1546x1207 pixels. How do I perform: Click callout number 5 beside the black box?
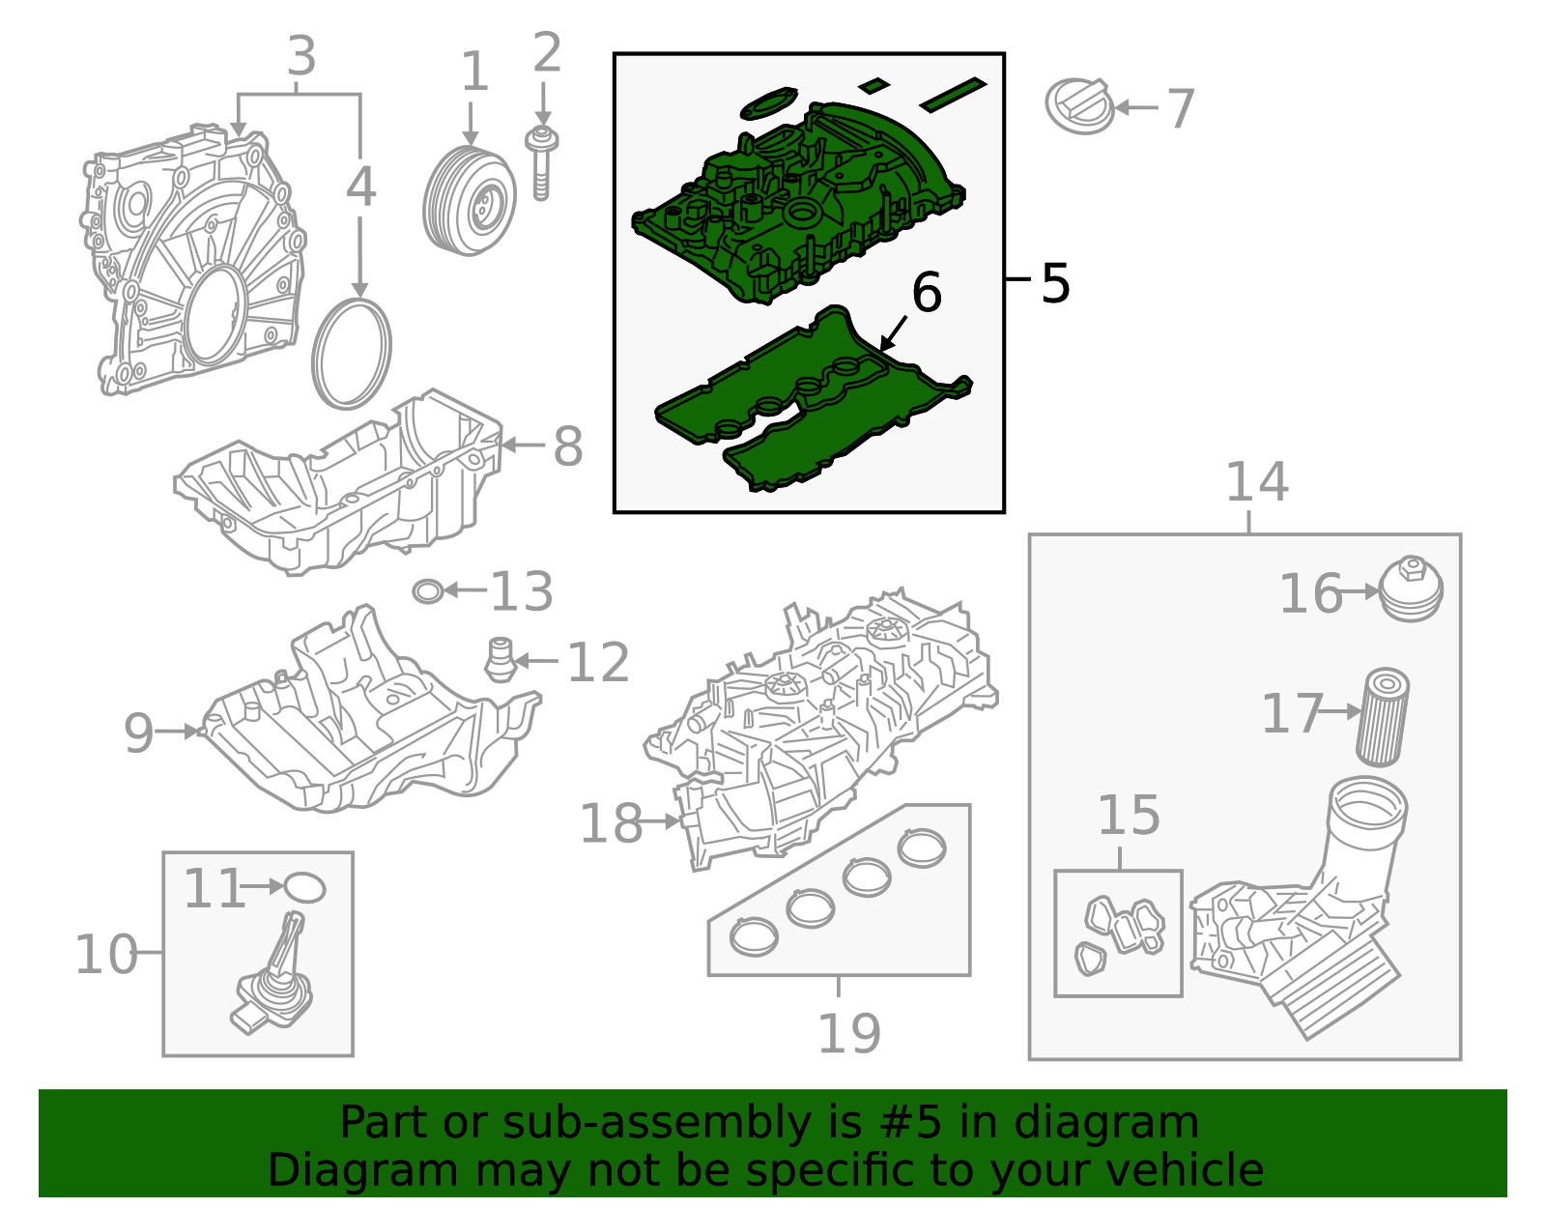tap(1056, 283)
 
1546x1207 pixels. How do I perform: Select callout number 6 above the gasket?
tap(927, 293)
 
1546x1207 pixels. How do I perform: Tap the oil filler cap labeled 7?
tap(1080, 105)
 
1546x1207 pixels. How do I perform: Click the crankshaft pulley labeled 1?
tap(469, 201)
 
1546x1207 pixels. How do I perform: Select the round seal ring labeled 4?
tap(352, 354)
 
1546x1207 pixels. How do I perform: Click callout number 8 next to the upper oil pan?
tap(567, 446)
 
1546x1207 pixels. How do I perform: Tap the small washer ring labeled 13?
tap(427, 591)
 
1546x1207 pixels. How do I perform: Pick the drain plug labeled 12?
tap(500, 660)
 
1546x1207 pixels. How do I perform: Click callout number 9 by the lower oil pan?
tap(138, 733)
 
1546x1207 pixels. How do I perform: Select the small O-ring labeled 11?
tap(304, 887)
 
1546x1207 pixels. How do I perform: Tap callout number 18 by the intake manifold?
tap(610, 823)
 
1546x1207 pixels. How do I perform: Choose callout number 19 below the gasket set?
tap(848, 1033)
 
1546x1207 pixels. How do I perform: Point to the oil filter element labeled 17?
tap(1383, 717)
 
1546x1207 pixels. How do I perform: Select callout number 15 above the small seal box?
tap(1128, 815)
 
